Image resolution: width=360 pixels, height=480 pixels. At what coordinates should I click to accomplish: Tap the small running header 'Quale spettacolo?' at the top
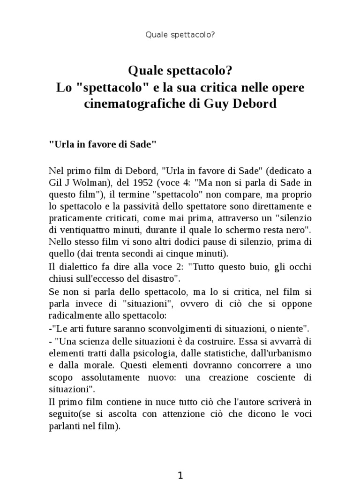[180, 34]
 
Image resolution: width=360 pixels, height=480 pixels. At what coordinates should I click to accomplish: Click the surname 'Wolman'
[83, 182]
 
